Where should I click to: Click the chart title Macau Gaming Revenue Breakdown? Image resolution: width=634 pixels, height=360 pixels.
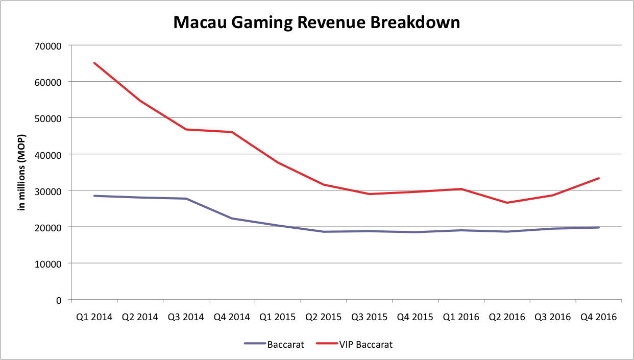[x=316, y=22]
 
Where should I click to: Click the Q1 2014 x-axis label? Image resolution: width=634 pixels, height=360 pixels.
[x=94, y=317]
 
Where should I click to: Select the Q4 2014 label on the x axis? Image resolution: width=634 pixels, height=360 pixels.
[x=232, y=317]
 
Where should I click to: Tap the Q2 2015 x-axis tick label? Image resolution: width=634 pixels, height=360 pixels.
[x=324, y=317]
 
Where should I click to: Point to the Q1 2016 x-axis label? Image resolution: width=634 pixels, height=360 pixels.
[x=461, y=317]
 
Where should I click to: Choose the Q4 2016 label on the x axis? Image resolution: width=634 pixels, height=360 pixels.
[x=599, y=317]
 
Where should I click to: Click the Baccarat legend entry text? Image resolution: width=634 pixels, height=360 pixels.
[x=285, y=345]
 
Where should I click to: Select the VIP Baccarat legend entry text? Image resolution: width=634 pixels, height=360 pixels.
[x=366, y=345]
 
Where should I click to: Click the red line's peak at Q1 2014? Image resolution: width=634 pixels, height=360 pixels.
[x=94, y=63]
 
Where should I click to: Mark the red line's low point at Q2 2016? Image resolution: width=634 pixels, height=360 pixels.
[x=507, y=203]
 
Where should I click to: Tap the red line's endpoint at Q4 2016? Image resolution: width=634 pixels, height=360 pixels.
[x=599, y=178]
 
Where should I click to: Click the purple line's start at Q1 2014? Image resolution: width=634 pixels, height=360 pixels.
[x=94, y=196]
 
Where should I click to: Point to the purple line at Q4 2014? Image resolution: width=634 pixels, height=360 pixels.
[x=232, y=219]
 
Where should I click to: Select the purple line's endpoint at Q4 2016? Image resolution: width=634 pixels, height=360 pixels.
[x=599, y=227]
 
